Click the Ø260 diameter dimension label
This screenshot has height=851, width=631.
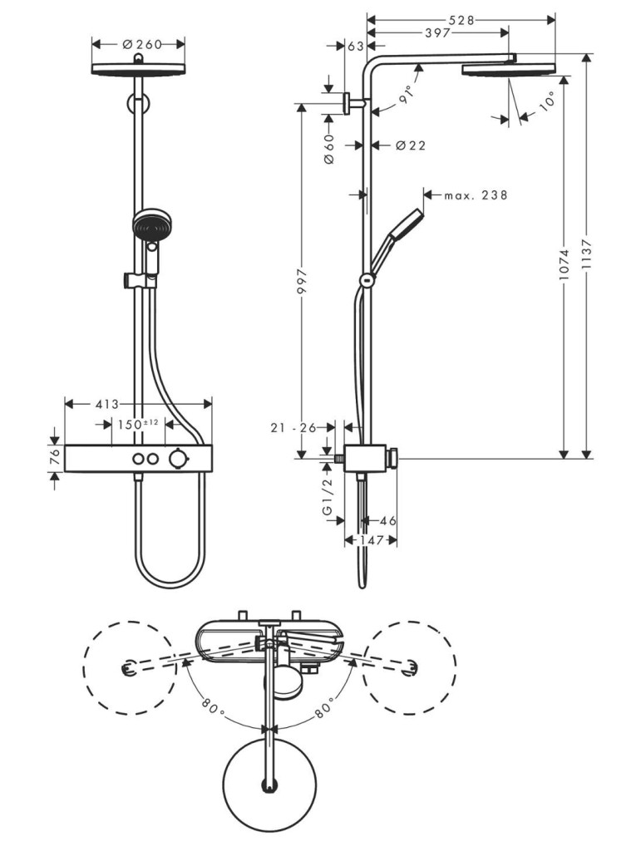pyautogui.click(x=142, y=44)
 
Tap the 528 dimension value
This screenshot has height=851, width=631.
pyautogui.click(x=461, y=20)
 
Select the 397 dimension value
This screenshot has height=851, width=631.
pyautogui.click(x=437, y=33)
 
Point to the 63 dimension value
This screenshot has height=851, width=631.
pyautogui.click(x=355, y=47)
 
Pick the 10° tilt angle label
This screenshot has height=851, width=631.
pyautogui.click(x=547, y=101)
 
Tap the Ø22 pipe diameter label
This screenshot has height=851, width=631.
pyautogui.click(x=411, y=145)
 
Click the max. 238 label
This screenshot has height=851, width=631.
pyautogui.click(x=476, y=194)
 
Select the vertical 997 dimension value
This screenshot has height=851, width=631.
pyautogui.click(x=302, y=281)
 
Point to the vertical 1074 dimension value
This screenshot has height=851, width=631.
pyautogui.click(x=564, y=265)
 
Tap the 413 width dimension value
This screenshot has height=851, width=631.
pyautogui.click(x=107, y=405)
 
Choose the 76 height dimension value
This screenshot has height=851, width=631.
pyautogui.click(x=55, y=458)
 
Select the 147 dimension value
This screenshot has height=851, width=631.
pyautogui.click(x=371, y=540)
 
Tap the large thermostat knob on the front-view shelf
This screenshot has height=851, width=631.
pyautogui.click(x=176, y=459)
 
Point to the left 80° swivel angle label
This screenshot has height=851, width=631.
pyautogui.click(x=212, y=706)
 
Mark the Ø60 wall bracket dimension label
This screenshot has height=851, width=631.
pyautogui.click(x=329, y=148)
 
